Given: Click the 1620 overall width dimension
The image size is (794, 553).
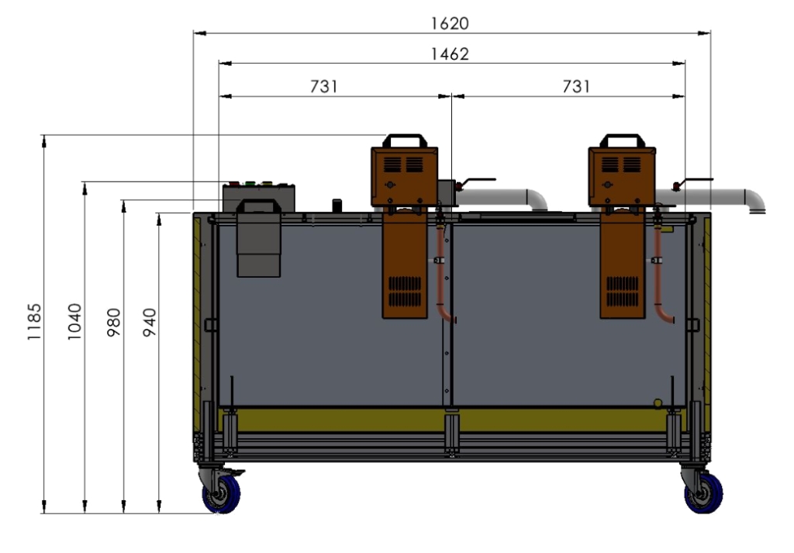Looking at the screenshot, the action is [x=450, y=23].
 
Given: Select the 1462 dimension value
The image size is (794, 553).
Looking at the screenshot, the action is [x=450, y=54].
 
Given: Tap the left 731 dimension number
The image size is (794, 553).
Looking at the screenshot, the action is [x=324, y=87].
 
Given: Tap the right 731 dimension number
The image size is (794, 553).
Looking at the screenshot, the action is [x=576, y=87].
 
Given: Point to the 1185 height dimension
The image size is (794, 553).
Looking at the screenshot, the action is [x=34, y=322].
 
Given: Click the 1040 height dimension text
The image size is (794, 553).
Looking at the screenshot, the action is [x=74, y=322].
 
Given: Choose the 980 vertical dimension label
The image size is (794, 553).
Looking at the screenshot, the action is [x=114, y=322].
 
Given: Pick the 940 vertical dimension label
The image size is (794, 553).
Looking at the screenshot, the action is [x=150, y=322].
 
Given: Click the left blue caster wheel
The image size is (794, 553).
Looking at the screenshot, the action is [x=221, y=494].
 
